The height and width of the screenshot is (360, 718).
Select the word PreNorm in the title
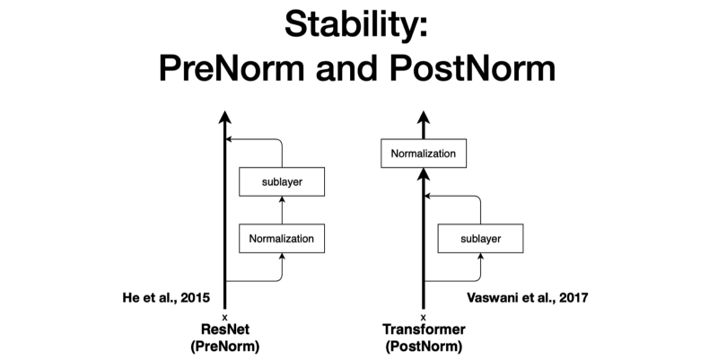pyautogui.click(x=232, y=68)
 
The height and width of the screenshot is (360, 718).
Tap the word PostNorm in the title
pyautogui.click(x=473, y=68)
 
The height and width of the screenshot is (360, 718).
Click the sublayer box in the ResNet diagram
pyautogui.click(x=282, y=182)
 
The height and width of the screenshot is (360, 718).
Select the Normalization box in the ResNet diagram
pyautogui.click(x=282, y=239)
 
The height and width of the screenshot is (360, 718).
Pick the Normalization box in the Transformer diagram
pyautogui.click(x=424, y=154)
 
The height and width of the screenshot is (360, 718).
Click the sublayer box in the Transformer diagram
pyautogui.click(x=480, y=239)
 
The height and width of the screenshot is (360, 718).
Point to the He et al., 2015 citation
pyautogui.click(x=166, y=298)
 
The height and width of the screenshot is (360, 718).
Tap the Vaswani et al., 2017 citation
pyautogui.click(x=528, y=298)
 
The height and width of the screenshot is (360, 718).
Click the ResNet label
pyautogui.click(x=225, y=329)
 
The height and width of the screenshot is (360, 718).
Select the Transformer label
pyautogui.click(x=424, y=329)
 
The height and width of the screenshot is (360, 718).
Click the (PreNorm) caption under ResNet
pyautogui.click(x=225, y=347)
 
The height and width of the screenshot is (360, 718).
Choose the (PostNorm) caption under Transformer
pyautogui.click(x=424, y=347)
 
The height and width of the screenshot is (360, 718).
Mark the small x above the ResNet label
pyautogui.click(x=225, y=317)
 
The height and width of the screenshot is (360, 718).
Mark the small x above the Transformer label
pyautogui.click(x=424, y=317)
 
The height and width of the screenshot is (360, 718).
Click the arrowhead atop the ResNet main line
pyautogui.click(x=225, y=117)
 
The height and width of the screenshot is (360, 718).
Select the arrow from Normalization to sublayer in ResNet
pyautogui.click(x=282, y=210)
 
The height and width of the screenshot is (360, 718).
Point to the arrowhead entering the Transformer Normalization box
pyautogui.click(x=424, y=174)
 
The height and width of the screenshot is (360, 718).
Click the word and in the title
pyautogui.click(x=346, y=68)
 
